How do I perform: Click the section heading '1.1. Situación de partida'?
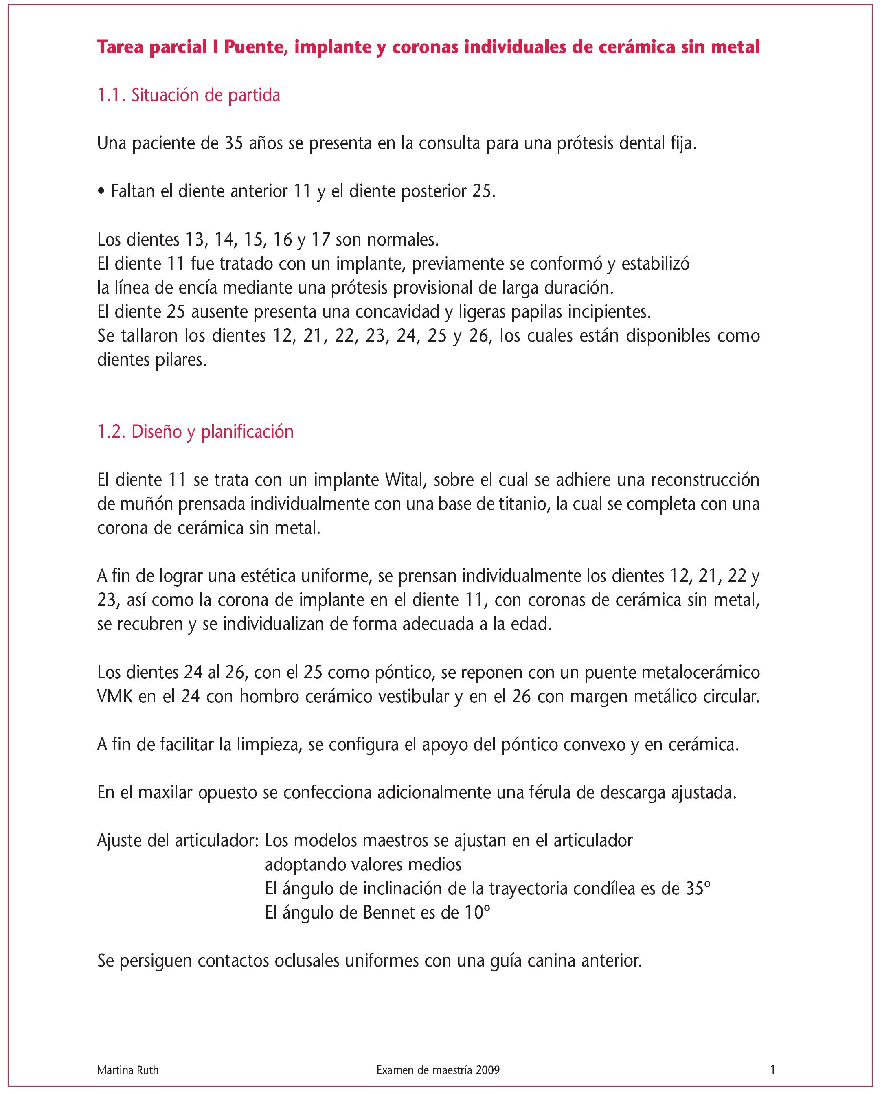click(x=189, y=96)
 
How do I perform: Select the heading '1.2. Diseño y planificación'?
click(x=195, y=432)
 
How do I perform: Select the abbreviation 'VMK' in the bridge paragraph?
click(x=115, y=696)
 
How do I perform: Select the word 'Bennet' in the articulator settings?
click(x=389, y=913)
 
